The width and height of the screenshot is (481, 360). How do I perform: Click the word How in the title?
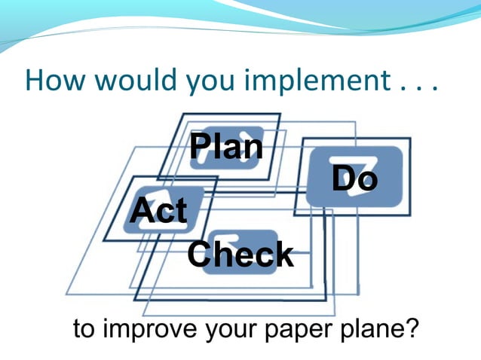click(x=53, y=81)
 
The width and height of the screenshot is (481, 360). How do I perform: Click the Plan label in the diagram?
click(x=226, y=146)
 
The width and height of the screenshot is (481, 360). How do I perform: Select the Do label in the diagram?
click(x=354, y=179)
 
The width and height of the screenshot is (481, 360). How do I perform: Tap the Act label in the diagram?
click(x=158, y=210)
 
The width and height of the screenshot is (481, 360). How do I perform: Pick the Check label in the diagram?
click(x=240, y=255)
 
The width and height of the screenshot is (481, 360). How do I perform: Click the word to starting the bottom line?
click(x=85, y=330)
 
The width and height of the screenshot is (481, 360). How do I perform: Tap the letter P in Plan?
click(x=201, y=146)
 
